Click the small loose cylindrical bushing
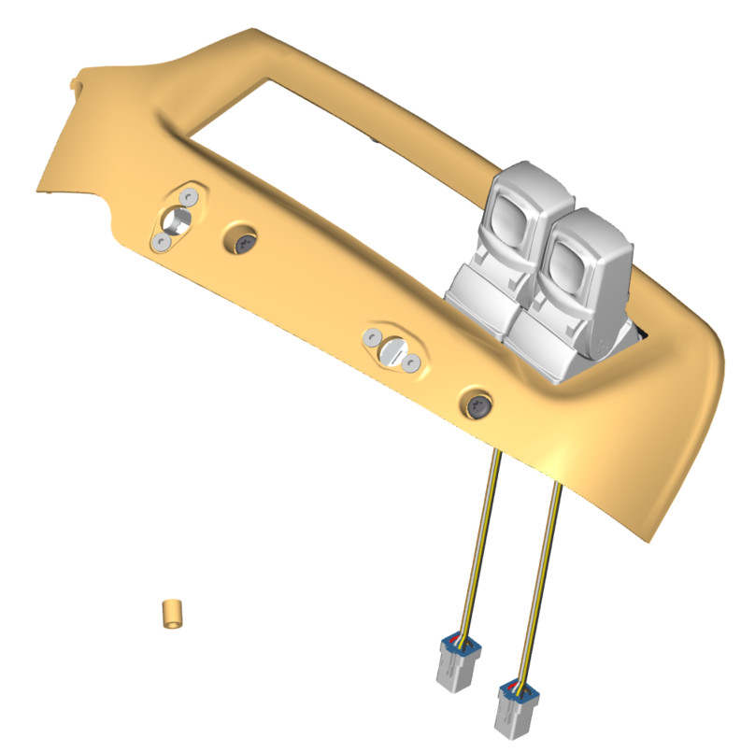click(171, 615)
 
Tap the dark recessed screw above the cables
click(477, 404)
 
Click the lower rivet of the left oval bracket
click(162, 242)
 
